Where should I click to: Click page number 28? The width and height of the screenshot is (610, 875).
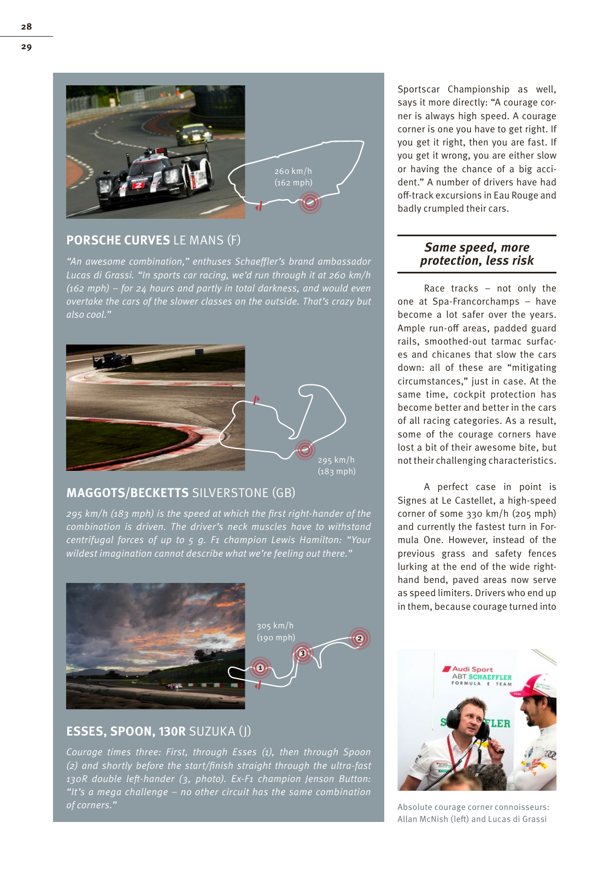tap(26, 26)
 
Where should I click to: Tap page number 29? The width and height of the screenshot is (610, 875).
tap(26, 46)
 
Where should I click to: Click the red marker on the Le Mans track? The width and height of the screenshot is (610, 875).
tap(310, 202)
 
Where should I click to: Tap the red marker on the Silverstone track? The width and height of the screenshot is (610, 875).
tap(305, 450)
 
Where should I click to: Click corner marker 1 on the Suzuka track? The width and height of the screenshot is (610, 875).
tap(260, 668)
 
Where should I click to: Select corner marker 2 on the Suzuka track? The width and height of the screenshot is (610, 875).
tap(359, 638)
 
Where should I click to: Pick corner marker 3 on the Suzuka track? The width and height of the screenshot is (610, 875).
tap(302, 653)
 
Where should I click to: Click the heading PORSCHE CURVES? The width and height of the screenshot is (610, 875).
tap(118, 240)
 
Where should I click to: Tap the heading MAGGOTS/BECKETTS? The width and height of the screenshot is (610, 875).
tap(127, 493)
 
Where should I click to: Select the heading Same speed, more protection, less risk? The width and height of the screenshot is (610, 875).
tap(477, 254)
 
